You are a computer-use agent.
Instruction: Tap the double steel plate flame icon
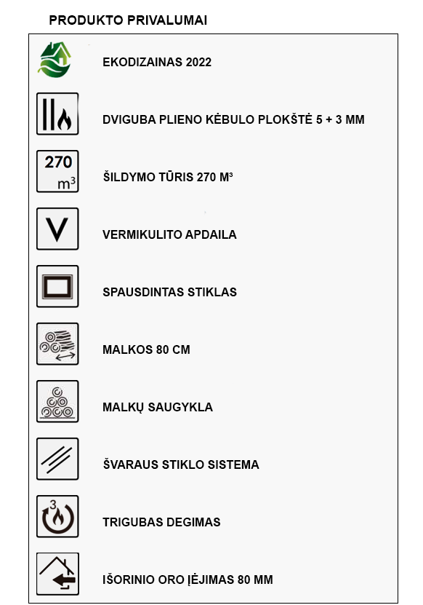click(57, 114)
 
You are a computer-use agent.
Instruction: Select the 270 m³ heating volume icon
click(57, 172)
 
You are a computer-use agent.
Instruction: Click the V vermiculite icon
click(57, 229)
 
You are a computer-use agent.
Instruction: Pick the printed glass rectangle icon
click(57, 287)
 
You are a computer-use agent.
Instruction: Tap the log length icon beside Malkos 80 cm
click(57, 344)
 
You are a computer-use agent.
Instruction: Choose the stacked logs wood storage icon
click(57, 402)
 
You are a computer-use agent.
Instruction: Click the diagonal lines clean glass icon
click(57, 459)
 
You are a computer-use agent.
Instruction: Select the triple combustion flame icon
click(57, 517)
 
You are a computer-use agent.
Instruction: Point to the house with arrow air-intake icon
click(57, 574)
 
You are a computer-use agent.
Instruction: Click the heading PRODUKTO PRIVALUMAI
click(128, 20)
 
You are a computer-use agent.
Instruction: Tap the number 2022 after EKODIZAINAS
click(198, 63)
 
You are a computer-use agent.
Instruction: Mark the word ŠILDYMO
click(128, 178)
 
